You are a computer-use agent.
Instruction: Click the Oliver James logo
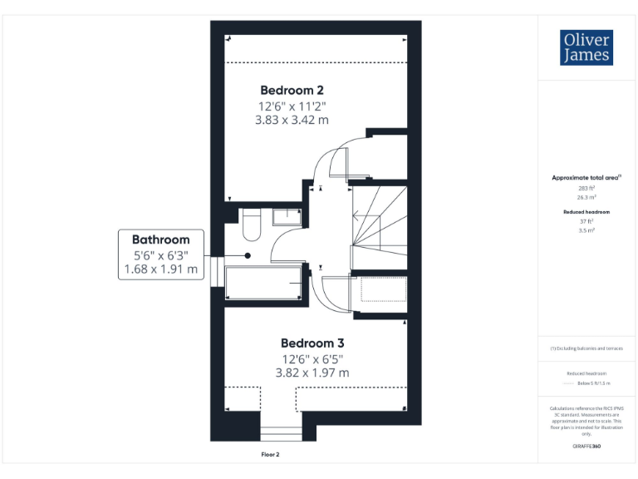[x=587, y=48]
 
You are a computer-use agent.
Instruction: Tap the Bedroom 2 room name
[x=292, y=90]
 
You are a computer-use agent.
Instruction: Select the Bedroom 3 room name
[x=312, y=343]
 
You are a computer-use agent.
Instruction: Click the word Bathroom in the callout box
[x=160, y=239]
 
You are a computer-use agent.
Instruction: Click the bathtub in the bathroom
[x=263, y=284]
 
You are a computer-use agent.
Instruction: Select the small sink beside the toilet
[x=287, y=216]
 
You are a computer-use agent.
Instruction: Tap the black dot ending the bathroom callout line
[x=248, y=255]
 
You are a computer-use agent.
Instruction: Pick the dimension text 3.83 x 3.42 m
[x=292, y=120]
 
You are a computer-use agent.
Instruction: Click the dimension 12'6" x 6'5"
[x=312, y=358]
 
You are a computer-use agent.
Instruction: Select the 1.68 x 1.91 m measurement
[x=160, y=269]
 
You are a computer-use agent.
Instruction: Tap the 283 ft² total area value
[x=586, y=189]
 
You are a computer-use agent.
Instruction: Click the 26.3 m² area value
[x=586, y=198]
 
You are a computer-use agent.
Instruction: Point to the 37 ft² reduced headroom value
[x=586, y=221]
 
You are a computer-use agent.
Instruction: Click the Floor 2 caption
[x=271, y=455]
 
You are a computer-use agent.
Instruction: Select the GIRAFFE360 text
[x=586, y=447]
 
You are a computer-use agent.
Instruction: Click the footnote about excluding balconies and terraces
[x=586, y=348]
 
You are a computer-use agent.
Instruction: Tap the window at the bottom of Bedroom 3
[x=281, y=433]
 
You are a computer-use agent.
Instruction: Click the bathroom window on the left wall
[x=217, y=273]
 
